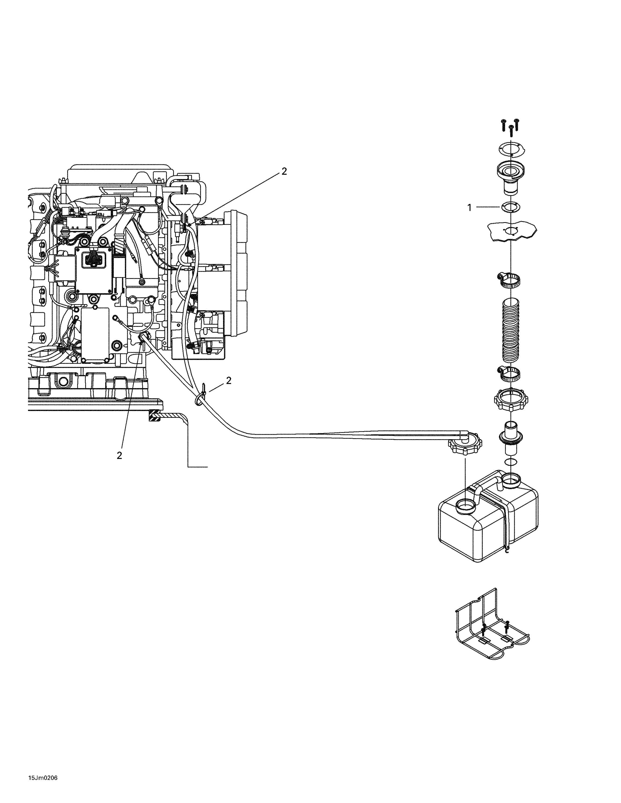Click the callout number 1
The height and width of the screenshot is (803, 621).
coord(469,208)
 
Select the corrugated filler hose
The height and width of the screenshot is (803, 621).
coord(511,329)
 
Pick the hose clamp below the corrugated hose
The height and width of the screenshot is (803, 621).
coord(511,374)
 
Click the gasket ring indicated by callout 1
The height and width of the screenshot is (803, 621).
coord(510,207)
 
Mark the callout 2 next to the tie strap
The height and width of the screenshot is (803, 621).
coord(229,381)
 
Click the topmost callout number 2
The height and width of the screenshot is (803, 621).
coord(284,171)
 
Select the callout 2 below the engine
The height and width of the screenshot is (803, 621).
coord(119,456)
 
